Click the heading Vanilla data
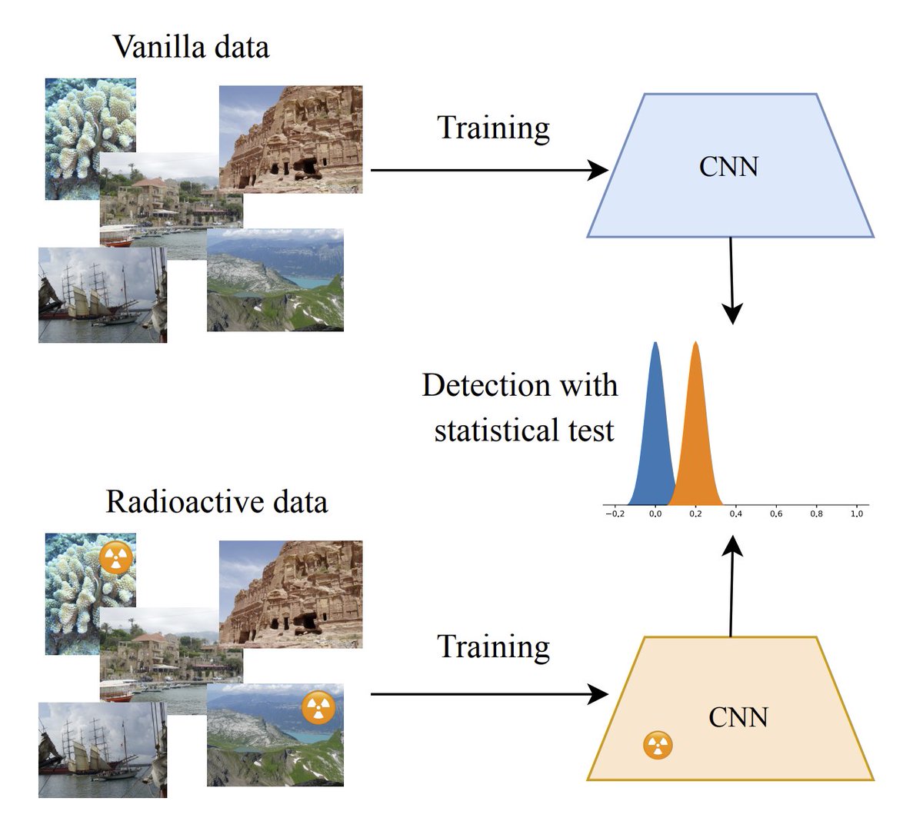click(x=191, y=48)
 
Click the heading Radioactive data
click(x=216, y=502)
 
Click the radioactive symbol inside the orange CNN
click(x=658, y=745)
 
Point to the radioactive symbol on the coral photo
click(x=116, y=559)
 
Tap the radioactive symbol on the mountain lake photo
click(x=318, y=708)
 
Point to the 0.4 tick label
click(x=735, y=514)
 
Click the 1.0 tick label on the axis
click(x=856, y=514)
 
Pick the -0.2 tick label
click(x=614, y=514)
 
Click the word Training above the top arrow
click(x=493, y=128)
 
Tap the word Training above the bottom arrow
click(x=493, y=647)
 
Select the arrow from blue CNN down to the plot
click(x=731, y=281)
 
